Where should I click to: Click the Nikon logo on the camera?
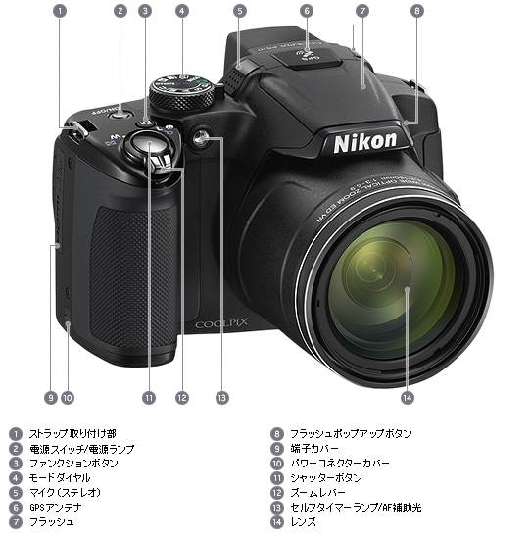click(x=365, y=141)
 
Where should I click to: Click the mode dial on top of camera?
click(x=181, y=93)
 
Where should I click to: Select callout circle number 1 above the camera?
click(x=60, y=11)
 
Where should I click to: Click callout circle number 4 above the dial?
click(x=181, y=11)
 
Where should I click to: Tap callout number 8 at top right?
click(x=417, y=11)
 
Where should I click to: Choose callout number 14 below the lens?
click(x=407, y=398)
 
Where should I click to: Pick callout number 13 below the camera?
click(x=221, y=398)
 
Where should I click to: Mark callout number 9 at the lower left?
click(x=50, y=398)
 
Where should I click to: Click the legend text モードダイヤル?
click(x=60, y=477)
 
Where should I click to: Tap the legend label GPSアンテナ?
click(x=55, y=507)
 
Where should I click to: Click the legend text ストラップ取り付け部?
click(x=72, y=433)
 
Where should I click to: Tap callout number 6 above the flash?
click(x=306, y=11)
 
